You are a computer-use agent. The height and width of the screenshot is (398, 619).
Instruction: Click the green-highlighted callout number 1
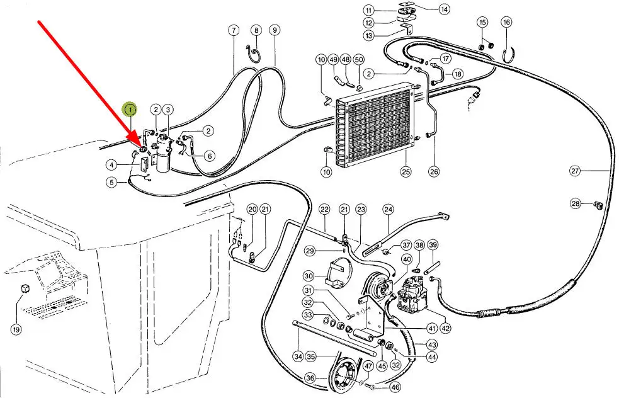[130, 110]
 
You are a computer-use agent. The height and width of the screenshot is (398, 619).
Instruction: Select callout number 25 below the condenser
[406, 171]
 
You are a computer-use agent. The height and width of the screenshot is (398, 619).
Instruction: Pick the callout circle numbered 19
[16, 328]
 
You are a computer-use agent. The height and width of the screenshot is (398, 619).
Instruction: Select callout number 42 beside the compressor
[446, 328]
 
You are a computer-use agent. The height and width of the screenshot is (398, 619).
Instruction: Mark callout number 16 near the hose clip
[506, 23]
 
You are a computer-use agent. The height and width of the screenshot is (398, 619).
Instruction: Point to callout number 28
[576, 203]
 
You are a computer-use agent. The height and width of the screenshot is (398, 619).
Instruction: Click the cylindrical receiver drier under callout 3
[164, 156]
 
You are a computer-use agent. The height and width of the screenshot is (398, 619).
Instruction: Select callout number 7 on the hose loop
[233, 30]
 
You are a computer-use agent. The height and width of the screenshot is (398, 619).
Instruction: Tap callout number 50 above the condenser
[358, 59]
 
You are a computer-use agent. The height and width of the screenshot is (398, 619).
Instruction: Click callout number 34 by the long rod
[298, 356]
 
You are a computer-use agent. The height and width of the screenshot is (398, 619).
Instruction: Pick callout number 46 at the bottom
[395, 388]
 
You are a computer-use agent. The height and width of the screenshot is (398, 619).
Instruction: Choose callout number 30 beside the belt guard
[308, 276]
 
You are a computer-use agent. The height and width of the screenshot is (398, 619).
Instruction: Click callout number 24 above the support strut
[388, 209]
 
